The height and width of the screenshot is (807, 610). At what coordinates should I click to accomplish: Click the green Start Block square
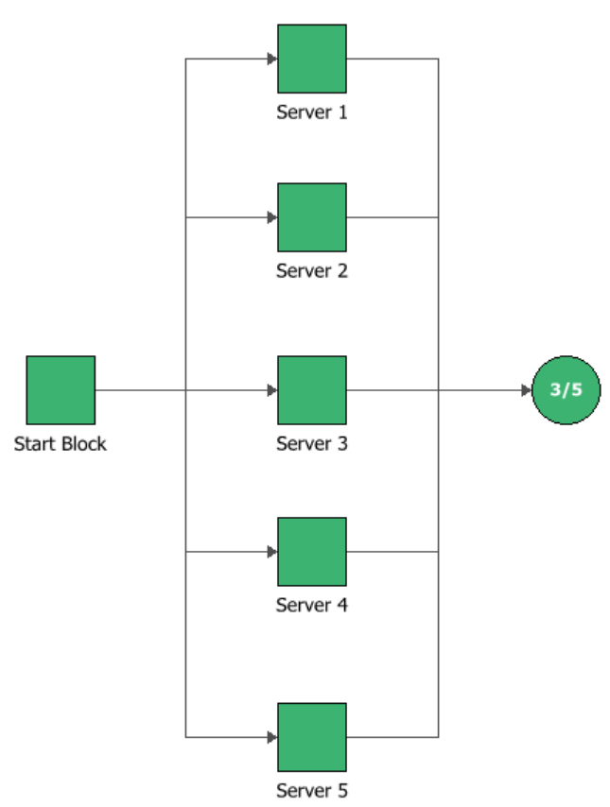click(x=61, y=389)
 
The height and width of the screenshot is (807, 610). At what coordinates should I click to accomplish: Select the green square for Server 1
click(x=311, y=59)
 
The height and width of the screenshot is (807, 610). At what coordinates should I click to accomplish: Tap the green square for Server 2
click(x=311, y=217)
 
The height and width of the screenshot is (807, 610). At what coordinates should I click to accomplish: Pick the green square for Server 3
click(x=311, y=389)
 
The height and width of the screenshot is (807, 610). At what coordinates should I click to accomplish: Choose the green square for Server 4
click(x=311, y=551)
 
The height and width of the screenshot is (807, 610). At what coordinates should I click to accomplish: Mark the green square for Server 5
click(x=311, y=736)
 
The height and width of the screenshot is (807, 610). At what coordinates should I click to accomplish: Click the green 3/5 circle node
click(x=566, y=389)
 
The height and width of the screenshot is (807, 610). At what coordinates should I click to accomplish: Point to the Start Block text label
click(x=61, y=443)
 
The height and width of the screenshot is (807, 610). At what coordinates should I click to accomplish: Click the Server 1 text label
click(x=311, y=112)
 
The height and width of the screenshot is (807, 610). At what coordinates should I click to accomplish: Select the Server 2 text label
click(x=311, y=271)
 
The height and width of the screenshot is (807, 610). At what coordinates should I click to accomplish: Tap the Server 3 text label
click(x=311, y=443)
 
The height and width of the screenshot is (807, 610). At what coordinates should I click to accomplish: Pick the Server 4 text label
click(x=311, y=605)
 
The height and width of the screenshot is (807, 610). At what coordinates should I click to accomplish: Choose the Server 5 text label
click(x=311, y=790)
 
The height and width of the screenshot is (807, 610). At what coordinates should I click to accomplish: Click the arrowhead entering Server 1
click(x=271, y=59)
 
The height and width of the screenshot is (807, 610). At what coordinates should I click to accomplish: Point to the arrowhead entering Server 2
click(x=271, y=217)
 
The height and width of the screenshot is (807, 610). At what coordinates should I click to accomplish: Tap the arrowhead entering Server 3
click(x=271, y=389)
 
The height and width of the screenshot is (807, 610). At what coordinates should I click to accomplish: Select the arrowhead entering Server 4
click(x=271, y=551)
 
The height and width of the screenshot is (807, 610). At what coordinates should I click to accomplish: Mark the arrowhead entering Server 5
click(x=271, y=736)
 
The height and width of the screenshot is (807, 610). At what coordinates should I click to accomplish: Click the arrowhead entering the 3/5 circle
click(x=527, y=389)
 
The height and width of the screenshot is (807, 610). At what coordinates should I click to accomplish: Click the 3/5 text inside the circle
click(x=566, y=389)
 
